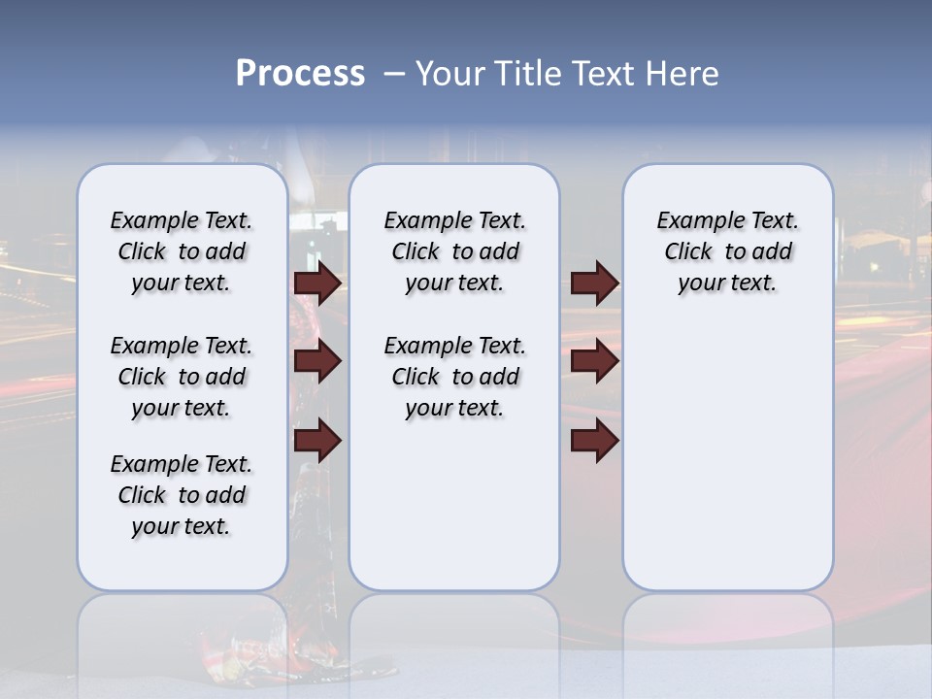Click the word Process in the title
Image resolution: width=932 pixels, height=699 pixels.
coord(300,74)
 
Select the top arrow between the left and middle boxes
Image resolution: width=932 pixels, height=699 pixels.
coord(317,283)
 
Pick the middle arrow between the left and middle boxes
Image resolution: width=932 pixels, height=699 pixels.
coord(317,361)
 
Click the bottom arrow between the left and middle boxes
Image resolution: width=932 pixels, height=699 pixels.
coord(317,441)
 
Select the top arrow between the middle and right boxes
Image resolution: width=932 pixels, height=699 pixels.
coord(594,283)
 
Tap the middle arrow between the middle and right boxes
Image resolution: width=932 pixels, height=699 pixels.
coord(594,361)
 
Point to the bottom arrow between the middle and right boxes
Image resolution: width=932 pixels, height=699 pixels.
coord(594,441)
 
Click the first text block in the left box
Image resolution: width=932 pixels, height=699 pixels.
coord(182,251)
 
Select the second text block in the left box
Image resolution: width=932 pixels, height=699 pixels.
coord(182,377)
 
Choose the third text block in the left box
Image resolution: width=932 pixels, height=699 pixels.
coord(182,495)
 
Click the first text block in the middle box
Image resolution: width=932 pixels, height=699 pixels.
coord(454,251)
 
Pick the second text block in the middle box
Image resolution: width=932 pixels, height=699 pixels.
coord(454,377)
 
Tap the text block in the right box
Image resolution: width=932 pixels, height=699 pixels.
coord(727,251)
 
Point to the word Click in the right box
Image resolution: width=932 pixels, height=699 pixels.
coord(688,252)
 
